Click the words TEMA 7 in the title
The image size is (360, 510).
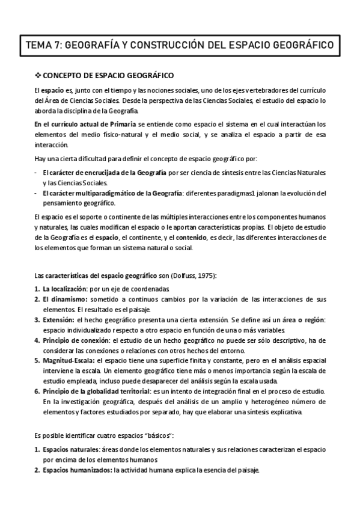[41, 45]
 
